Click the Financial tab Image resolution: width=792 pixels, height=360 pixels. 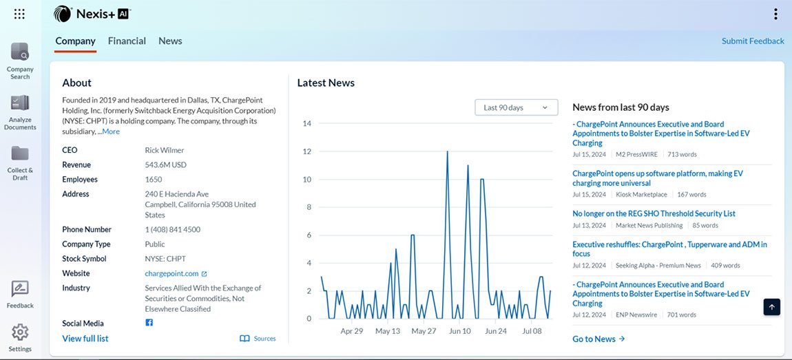(127, 41)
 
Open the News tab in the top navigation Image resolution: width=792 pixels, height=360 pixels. (170, 41)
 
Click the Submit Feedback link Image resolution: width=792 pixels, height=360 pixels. (753, 41)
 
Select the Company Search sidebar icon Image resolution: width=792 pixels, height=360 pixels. (20, 52)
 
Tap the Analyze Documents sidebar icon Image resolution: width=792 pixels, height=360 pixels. (20, 103)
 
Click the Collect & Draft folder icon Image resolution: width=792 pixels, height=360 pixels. (20, 153)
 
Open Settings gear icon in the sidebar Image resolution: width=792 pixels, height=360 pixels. (20, 332)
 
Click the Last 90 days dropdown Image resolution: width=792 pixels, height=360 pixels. (516, 107)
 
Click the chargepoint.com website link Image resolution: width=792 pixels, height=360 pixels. (172, 273)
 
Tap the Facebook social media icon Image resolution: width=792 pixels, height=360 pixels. (149, 323)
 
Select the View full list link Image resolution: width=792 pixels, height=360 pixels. (85, 339)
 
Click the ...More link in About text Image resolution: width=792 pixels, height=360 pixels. (109, 131)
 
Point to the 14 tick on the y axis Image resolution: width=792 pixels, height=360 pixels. (307, 124)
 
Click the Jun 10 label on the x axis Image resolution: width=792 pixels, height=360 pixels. (459, 331)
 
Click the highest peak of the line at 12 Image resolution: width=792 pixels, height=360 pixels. (447, 151)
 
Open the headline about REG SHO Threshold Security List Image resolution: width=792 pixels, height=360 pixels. (654, 213)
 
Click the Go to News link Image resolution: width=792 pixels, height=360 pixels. (598, 339)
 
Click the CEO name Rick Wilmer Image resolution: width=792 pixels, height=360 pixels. (165, 150)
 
